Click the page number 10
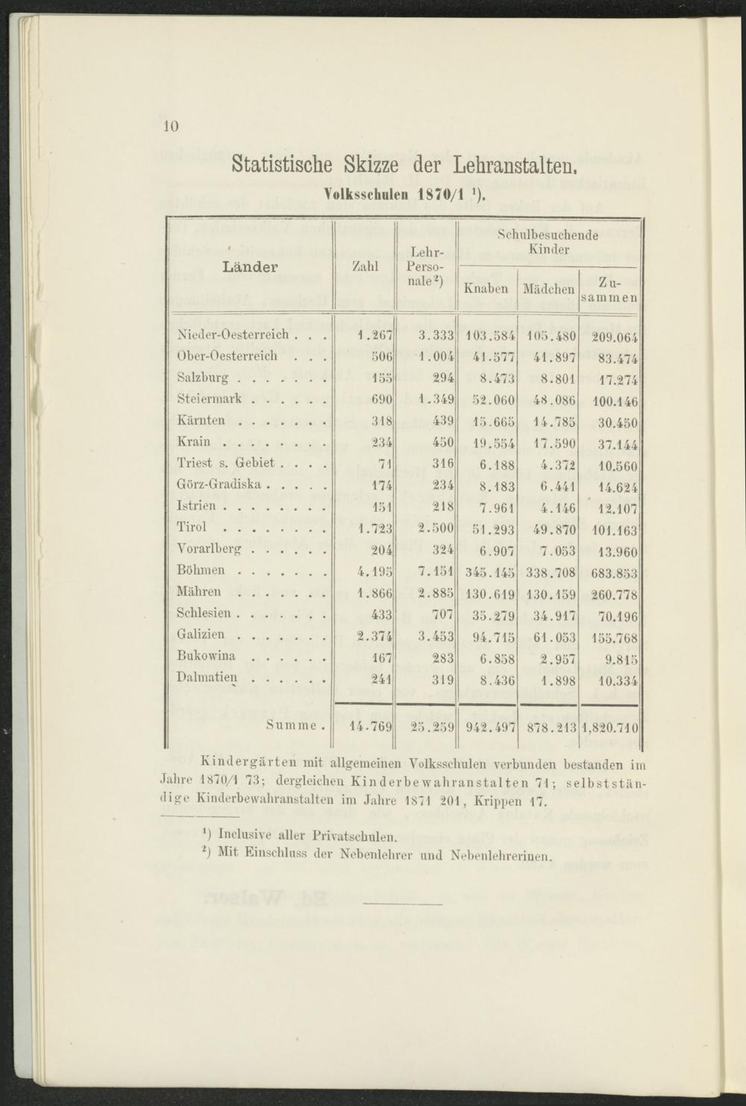point(169,126)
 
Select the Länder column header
point(251,266)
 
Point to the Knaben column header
point(486,288)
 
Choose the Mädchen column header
point(548,288)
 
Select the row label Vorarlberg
point(210,549)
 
